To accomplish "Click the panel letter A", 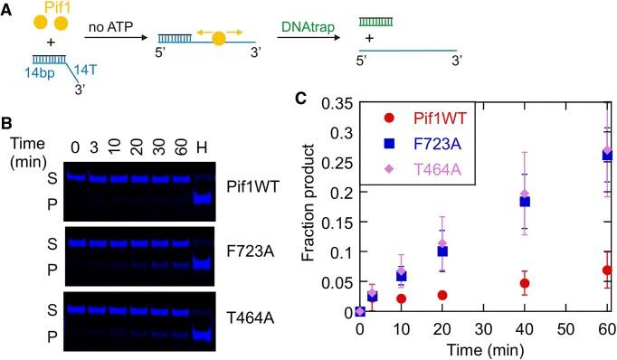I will pos(7,8).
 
